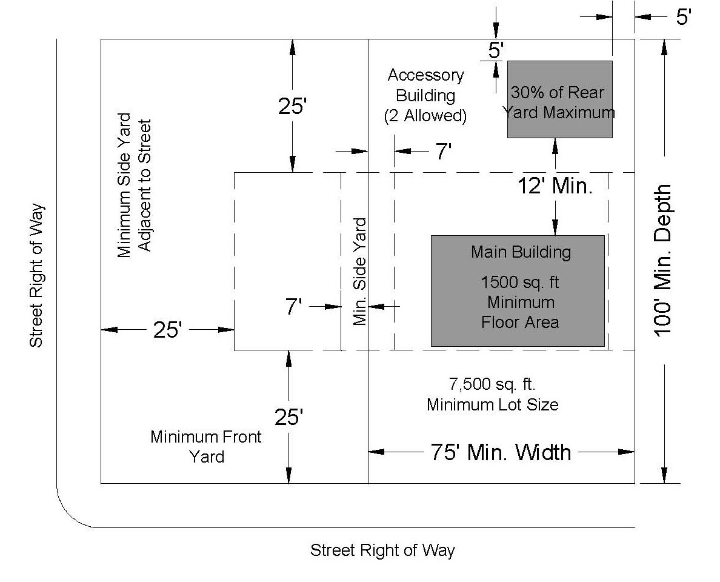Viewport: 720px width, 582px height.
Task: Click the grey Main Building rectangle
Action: [x=518, y=291]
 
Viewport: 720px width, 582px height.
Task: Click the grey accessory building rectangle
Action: [x=560, y=99]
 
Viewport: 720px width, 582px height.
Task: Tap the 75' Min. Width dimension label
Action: [x=501, y=452]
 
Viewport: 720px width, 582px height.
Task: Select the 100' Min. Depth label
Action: [x=662, y=261]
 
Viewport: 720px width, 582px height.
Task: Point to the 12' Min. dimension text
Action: [x=555, y=186]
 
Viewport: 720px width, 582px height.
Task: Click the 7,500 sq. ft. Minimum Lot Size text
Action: [x=493, y=394]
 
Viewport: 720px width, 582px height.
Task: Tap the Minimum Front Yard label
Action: [x=206, y=446]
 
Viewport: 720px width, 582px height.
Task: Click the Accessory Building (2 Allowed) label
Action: [x=425, y=95]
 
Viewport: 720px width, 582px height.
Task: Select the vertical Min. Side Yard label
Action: [x=359, y=272]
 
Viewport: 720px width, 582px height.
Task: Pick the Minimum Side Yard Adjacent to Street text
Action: [x=134, y=186]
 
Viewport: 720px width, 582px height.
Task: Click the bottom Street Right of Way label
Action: [x=382, y=550]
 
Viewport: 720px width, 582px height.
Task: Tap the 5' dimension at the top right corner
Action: [x=683, y=17]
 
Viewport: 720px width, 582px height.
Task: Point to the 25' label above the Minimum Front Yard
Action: [x=289, y=417]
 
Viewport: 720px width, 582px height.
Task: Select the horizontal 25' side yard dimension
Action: [x=167, y=330]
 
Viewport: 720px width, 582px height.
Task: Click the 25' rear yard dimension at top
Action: [x=292, y=106]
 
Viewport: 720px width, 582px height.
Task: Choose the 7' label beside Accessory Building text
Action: [x=443, y=151]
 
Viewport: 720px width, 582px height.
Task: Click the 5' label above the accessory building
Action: [x=496, y=50]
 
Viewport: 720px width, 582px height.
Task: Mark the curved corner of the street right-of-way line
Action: [x=70, y=515]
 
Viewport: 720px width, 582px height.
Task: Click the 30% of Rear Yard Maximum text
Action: [x=558, y=102]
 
